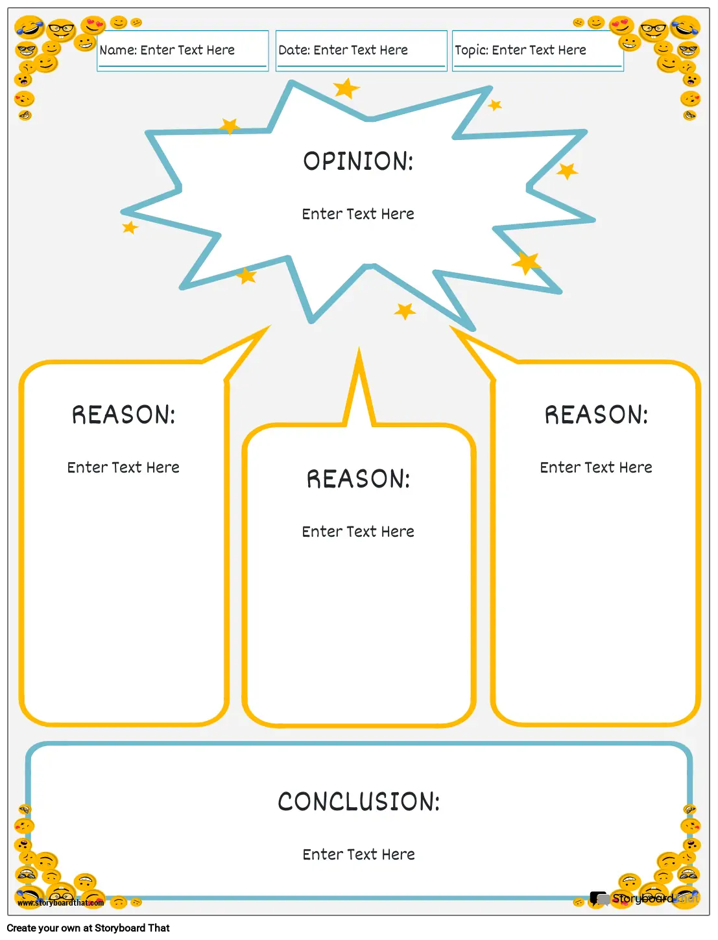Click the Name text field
pos(182,51)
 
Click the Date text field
pos(361,51)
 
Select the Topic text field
pos(538,51)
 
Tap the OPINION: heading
pos(358,161)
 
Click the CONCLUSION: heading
pos(359,801)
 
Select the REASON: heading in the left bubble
pos(123,414)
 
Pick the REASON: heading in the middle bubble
pos(358,479)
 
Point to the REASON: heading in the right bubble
pos(596,414)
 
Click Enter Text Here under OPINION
pos(358,214)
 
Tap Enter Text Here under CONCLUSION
pos(359,854)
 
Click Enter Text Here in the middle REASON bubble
pos(358,532)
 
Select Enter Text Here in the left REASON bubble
pos(123,467)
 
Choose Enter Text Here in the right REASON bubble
pos(596,467)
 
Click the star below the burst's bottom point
pos(405,311)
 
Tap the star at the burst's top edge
pos(346,89)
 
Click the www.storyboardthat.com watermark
pos(60,903)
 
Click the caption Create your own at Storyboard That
pos(88,928)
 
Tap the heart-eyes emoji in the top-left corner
pos(93,25)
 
